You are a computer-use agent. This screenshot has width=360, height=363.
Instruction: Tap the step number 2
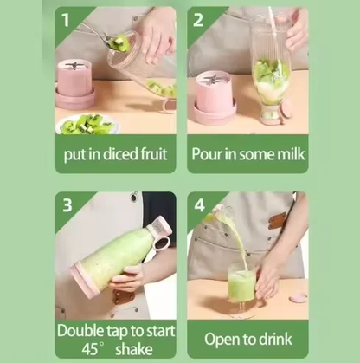point(198,19)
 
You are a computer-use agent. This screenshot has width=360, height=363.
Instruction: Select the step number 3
point(67,205)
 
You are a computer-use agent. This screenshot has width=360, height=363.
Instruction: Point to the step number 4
point(200,206)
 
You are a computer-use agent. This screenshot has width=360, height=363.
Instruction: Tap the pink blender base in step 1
point(75,85)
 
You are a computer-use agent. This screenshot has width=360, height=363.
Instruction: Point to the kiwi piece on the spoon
point(119,42)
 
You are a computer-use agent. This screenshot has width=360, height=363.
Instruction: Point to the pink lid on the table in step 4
point(299,297)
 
